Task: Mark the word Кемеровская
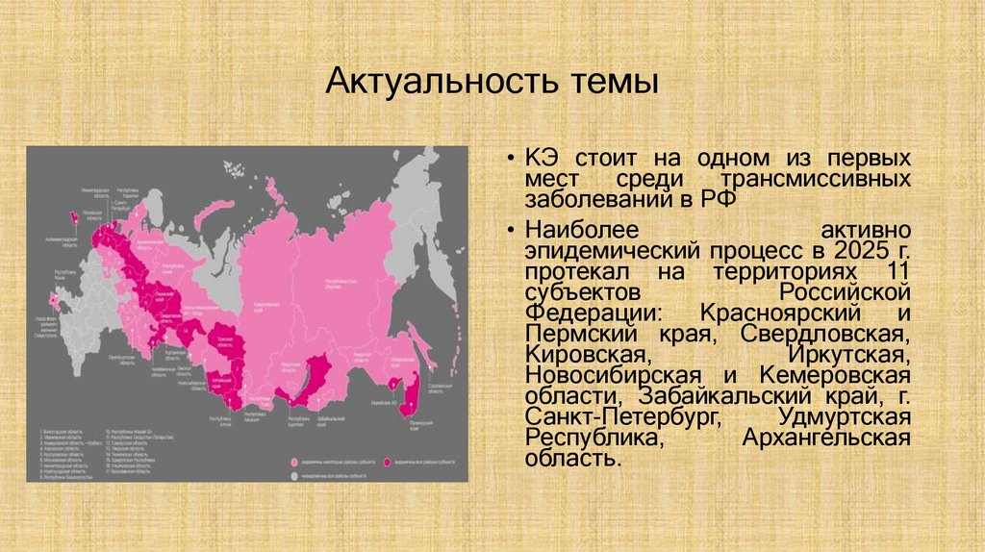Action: [x=834, y=376]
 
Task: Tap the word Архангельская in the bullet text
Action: [x=826, y=439]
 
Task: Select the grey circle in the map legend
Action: [x=292, y=475]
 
